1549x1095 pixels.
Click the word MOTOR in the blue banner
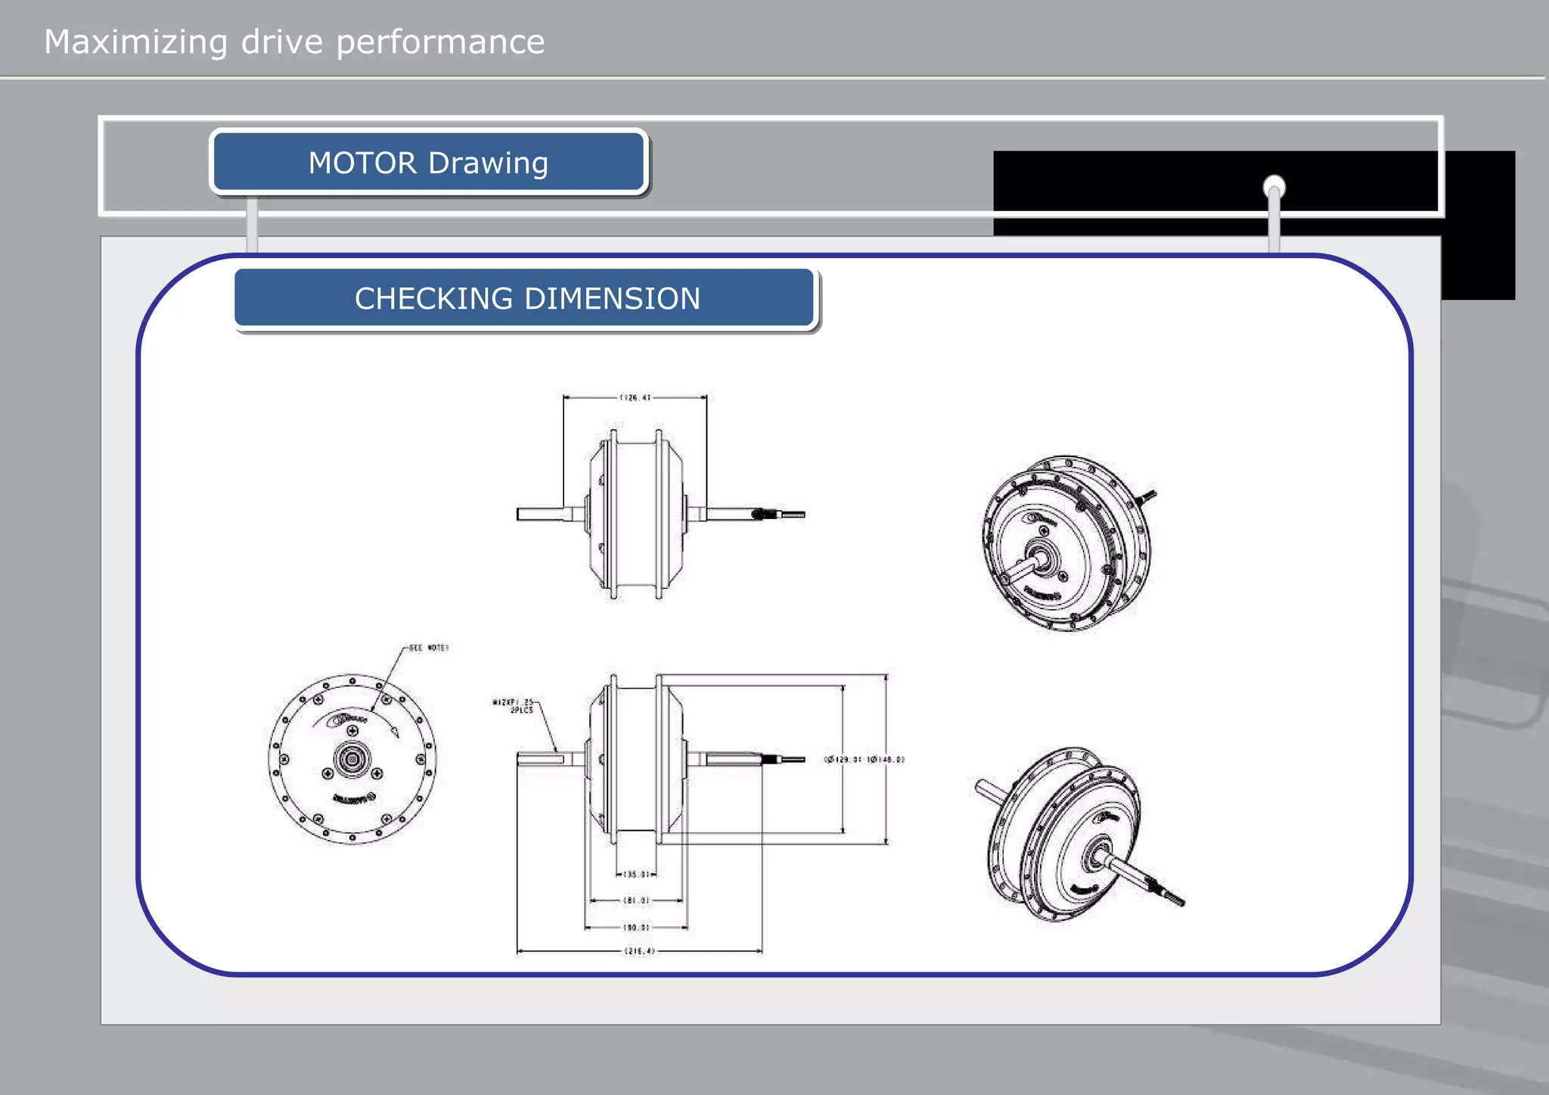362,163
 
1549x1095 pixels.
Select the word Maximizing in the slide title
135,42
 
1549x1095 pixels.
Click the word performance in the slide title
439,42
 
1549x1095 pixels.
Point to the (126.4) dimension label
635,397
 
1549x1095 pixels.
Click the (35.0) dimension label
636,874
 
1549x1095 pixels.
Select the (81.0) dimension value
636,901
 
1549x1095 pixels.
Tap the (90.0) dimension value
636,927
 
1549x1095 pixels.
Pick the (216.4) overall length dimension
639,951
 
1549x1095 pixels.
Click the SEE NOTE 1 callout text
429,648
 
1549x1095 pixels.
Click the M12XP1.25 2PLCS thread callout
514,706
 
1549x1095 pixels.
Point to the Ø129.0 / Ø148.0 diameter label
864,759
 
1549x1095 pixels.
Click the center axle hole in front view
352,759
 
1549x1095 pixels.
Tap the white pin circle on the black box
1274,185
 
